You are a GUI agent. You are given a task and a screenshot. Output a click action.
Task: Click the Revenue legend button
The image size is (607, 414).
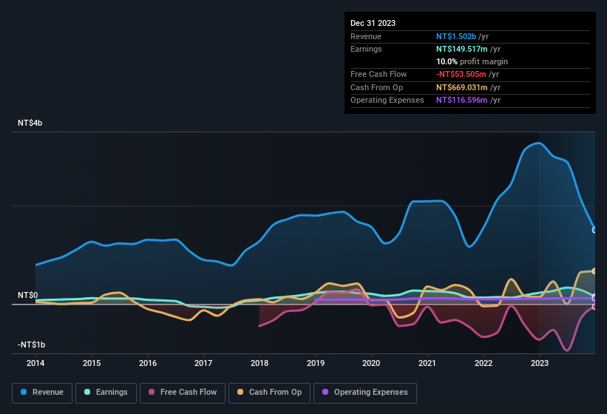point(42,392)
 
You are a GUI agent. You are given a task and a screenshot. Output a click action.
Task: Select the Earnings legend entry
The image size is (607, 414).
point(106,392)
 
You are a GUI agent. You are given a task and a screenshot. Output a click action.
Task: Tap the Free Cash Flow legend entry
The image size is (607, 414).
point(183,392)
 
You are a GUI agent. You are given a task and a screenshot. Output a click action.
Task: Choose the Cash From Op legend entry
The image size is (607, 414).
point(269,392)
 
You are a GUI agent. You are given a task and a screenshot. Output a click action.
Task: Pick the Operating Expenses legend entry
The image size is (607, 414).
point(365,392)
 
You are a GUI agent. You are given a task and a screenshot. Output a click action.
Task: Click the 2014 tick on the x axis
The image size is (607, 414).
point(35,363)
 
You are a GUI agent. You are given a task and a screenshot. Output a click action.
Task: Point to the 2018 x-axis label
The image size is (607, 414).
point(260,363)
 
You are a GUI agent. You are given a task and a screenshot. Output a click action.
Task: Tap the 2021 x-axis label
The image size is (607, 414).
point(427,363)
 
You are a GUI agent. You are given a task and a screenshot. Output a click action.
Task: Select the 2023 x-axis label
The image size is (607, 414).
point(540,363)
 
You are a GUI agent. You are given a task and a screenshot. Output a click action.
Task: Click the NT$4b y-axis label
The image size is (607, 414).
point(30,123)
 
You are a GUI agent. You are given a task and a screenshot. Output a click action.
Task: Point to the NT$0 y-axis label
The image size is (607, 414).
point(27,295)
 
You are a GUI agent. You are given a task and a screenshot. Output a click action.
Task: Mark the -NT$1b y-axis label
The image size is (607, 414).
point(33,345)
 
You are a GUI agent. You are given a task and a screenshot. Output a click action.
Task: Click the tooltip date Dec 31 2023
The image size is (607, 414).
point(373,23)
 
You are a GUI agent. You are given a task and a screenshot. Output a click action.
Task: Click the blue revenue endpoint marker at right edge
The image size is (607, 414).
point(594,230)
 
